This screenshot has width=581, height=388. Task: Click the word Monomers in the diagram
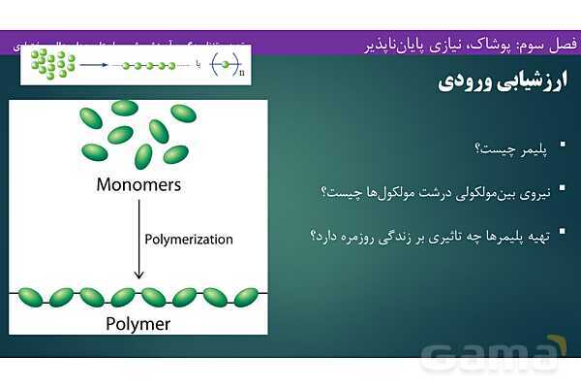[138, 183]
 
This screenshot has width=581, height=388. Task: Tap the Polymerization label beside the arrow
[188, 239]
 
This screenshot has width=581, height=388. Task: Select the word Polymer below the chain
[138, 324]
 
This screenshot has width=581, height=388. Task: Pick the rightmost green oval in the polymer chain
[246, 297]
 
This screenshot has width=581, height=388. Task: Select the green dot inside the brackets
[225, 65]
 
